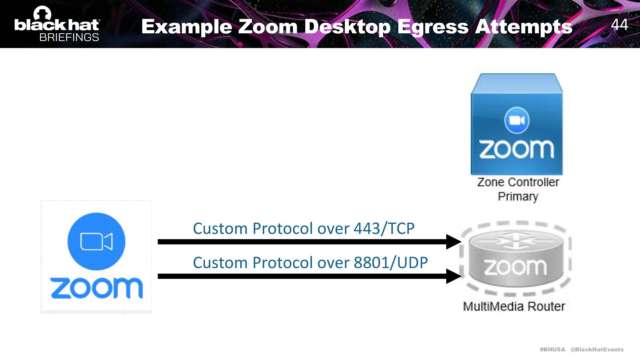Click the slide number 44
coord(619,25)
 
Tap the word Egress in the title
coord(433,27)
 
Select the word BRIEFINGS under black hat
coord(69,37)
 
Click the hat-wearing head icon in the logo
coord(43,13)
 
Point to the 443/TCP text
coord(384,229)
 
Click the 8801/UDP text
coord(391,263)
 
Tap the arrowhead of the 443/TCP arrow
coord(453,242)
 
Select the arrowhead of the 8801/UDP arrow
coord(453,276)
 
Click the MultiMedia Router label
coord(514,306)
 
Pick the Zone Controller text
coord(518,182)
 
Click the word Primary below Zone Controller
coord(518,197)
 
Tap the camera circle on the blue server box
coord(517,120)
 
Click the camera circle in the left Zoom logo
coord(96,241)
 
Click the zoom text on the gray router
coord(515,267)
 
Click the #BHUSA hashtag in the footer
coord(552,349)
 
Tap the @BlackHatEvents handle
coord(597,349)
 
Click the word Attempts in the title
coord(524,27)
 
